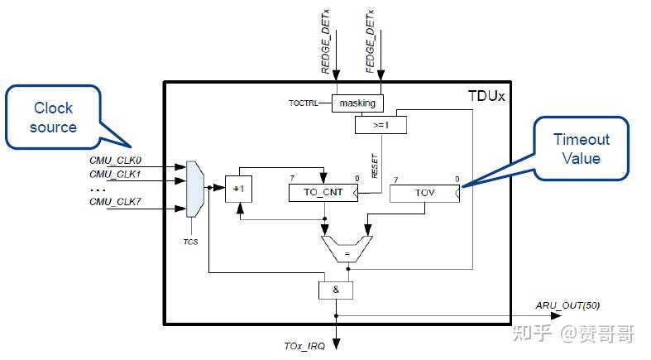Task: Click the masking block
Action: point(358,103)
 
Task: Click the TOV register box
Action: point(424,193)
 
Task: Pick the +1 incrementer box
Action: point(239,188)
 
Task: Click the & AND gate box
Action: point(335,290)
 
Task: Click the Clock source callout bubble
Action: point(53,118)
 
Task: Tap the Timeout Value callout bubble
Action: point(581,149)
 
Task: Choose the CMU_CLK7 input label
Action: point(116,201)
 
